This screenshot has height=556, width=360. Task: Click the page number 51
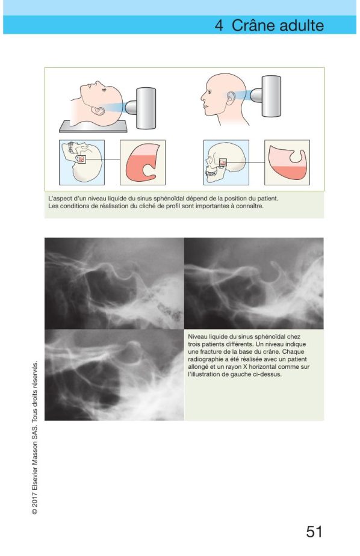click(314, 531)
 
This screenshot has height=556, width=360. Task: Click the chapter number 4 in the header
click(219, 25)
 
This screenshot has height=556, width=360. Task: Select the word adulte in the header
click(302, 25)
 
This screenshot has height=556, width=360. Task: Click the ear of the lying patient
click(98, 111)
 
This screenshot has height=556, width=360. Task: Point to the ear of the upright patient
click(231, 98)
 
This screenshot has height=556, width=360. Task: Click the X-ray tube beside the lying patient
click(141, 108)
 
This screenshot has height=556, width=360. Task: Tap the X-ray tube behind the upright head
click(266, 96)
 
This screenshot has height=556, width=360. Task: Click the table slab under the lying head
click(93, 126)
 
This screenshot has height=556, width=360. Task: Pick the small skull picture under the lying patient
click(82, 162)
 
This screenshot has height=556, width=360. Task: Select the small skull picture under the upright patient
click(226, 162)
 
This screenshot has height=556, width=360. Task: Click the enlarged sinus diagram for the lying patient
click(143, 162)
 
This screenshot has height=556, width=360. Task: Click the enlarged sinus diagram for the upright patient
click(287, 162)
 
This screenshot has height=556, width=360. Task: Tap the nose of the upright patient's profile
click(202, 96)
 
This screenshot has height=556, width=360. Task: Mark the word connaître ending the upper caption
click(250, 206)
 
